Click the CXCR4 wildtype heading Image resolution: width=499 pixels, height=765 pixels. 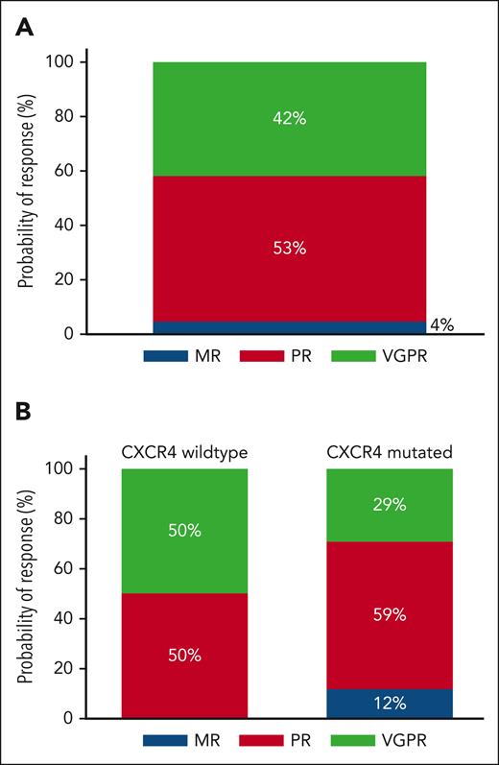(x=184, y=451)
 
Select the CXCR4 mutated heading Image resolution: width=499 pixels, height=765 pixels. (x=390, y=451)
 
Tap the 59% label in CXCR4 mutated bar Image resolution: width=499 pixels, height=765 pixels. (x=390, y=614)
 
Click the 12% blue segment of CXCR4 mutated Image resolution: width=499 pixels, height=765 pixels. (x=390, y=703)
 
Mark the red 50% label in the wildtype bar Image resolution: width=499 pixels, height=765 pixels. (x=184, y=656)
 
